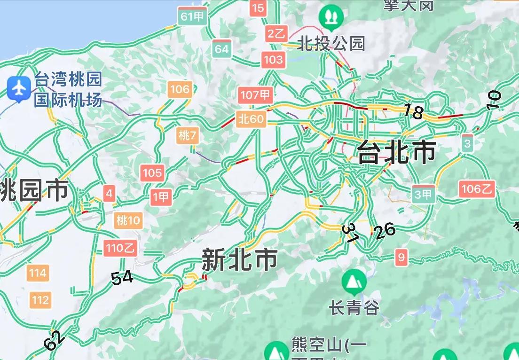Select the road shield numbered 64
click(x=221, y=49)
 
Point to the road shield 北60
click(x=251, y=119)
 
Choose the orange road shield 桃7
click(x=188, y=136)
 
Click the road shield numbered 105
click(x=152, y=173)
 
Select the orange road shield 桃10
click(x=128, y=220)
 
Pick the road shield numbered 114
click(x=38, y=273)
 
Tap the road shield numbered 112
click(x=40, y=299)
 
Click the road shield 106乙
click(x=477, y=189)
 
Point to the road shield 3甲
click(x=423, y=194)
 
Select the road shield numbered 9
click(x=401, y=257)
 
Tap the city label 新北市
click(x=239, y=260)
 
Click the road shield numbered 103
click(x=273, y=60)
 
